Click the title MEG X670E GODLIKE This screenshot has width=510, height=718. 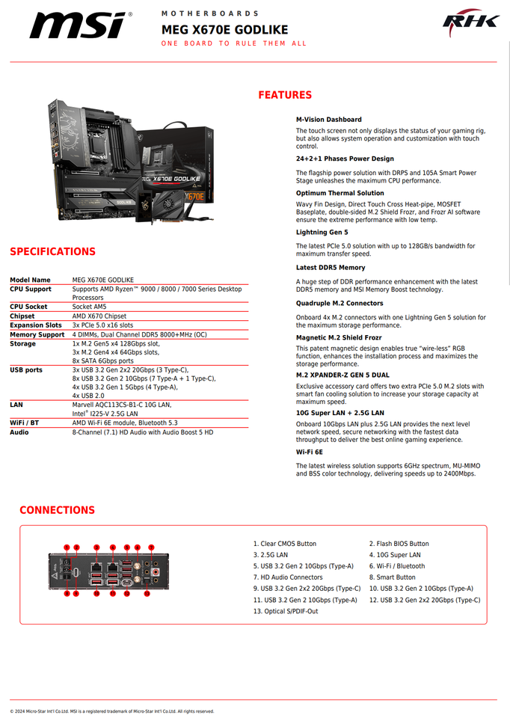[224, 29]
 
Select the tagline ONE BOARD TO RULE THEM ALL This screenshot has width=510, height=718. [234, 43]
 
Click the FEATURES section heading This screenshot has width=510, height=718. [285, 95]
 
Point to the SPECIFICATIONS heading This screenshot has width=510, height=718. [52, 251]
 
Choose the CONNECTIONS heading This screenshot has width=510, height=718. [57, 510]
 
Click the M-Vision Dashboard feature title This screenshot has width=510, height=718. [328, 120]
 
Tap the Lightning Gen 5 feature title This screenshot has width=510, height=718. [322, 233]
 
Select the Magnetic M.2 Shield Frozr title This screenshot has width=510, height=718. [339, 337]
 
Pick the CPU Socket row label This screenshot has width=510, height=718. [28, 307]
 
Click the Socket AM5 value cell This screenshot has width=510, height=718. [89, 307]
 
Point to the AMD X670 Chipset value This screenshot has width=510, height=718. [99, 316]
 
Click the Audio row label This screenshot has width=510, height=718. [19, 432]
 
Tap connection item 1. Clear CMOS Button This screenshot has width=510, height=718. [284, 544]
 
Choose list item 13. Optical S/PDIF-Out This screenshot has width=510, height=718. [285, 611]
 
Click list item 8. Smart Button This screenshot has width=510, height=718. [392, 577]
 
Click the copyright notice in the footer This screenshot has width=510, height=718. [112, 711]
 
